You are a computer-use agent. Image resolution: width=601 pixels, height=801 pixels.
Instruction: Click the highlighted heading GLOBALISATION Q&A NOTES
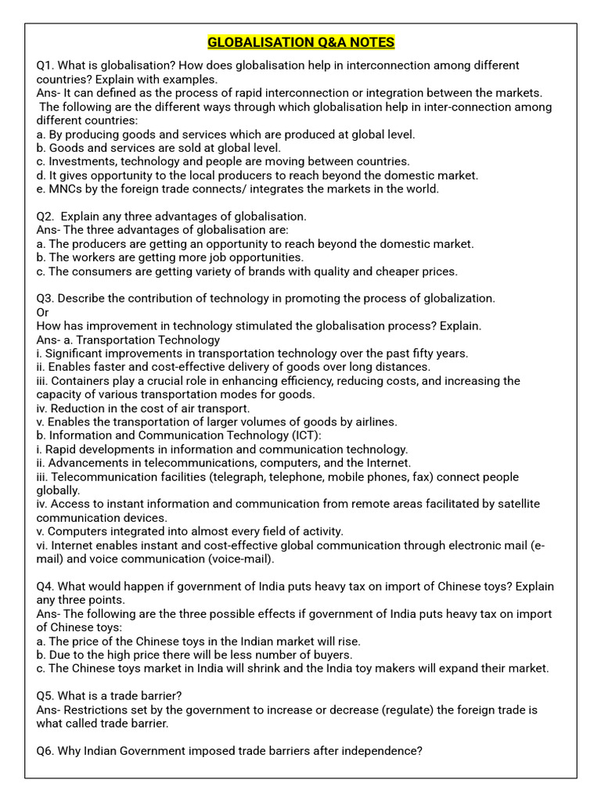click(300, 41)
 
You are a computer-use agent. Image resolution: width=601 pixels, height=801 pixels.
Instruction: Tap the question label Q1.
click(45, 65)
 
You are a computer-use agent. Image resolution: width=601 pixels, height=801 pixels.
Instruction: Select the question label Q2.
click(45, 216)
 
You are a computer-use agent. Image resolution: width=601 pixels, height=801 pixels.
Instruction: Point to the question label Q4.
click(45, 587)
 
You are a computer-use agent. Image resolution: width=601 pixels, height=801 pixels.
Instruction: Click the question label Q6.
click(45, 751)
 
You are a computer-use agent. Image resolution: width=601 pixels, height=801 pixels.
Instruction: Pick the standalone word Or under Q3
click(43, 312)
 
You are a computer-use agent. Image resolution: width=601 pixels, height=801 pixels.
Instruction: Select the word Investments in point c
click(82, 161)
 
